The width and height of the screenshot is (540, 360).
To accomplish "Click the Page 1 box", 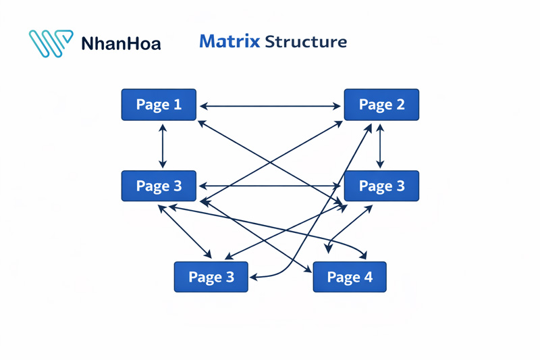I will pyautogui.click(x=159, y=105).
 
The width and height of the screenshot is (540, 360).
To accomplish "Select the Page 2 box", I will pyautogui.click(x=381, y=105).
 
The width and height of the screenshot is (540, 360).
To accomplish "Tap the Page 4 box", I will pyautogui.click(x=350, y=277).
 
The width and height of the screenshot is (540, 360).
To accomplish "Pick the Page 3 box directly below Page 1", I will pyautogui.click(x=159, y=186).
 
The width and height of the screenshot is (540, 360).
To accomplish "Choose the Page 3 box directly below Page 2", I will pyautogui.click(x=381, y=186).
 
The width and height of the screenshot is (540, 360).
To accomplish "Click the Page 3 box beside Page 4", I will pyautogui.click(x=211, y=277).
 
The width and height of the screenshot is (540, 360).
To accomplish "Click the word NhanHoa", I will pyautogui.click(x=121, y=45).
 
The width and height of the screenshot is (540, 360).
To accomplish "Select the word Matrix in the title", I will pyautogui.click(x=230, y=42).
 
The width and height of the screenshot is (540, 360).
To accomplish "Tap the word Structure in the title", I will pyautogui.click(x=306, y=42).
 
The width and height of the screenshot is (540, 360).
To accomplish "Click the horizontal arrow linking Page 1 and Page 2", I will pyautogui.click(x=270, y=106).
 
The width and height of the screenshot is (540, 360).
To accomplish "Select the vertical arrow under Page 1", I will pyautogui.click(x=162, y=146).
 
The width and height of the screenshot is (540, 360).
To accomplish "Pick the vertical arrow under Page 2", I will pyautogui.click(x=380, y=146).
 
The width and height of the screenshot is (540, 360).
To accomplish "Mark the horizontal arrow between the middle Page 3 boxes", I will pyautogui.click(x=270, y=186).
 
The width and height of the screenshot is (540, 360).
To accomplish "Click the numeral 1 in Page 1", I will pyautogui.click(x=178, y=105).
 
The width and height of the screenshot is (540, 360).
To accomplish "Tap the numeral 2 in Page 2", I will pyautogui.click(x=400, y=105).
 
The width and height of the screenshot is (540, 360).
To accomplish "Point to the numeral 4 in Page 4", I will pyautogui.click(x=368, y=277).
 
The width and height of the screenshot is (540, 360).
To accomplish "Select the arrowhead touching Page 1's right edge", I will pyautogui.click(x=203, y=106).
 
